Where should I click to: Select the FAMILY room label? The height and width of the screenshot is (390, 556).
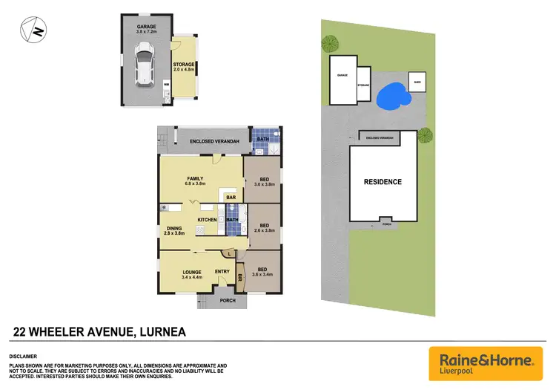pos(196,181)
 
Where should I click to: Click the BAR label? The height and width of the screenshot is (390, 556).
pos(231,198)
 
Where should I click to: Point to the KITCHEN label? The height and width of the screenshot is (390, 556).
pos(207,220)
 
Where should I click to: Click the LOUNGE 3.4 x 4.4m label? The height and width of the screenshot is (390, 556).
pos(192,275)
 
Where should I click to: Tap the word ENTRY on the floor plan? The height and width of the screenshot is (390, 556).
pos(222,272)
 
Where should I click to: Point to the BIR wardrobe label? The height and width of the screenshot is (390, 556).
pos(240,279)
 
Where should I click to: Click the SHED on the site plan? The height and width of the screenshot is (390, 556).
pos(417,81)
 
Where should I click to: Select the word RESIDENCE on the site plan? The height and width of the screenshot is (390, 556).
pos(383,182)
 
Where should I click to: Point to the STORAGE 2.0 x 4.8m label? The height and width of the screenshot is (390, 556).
pos(185,67)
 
